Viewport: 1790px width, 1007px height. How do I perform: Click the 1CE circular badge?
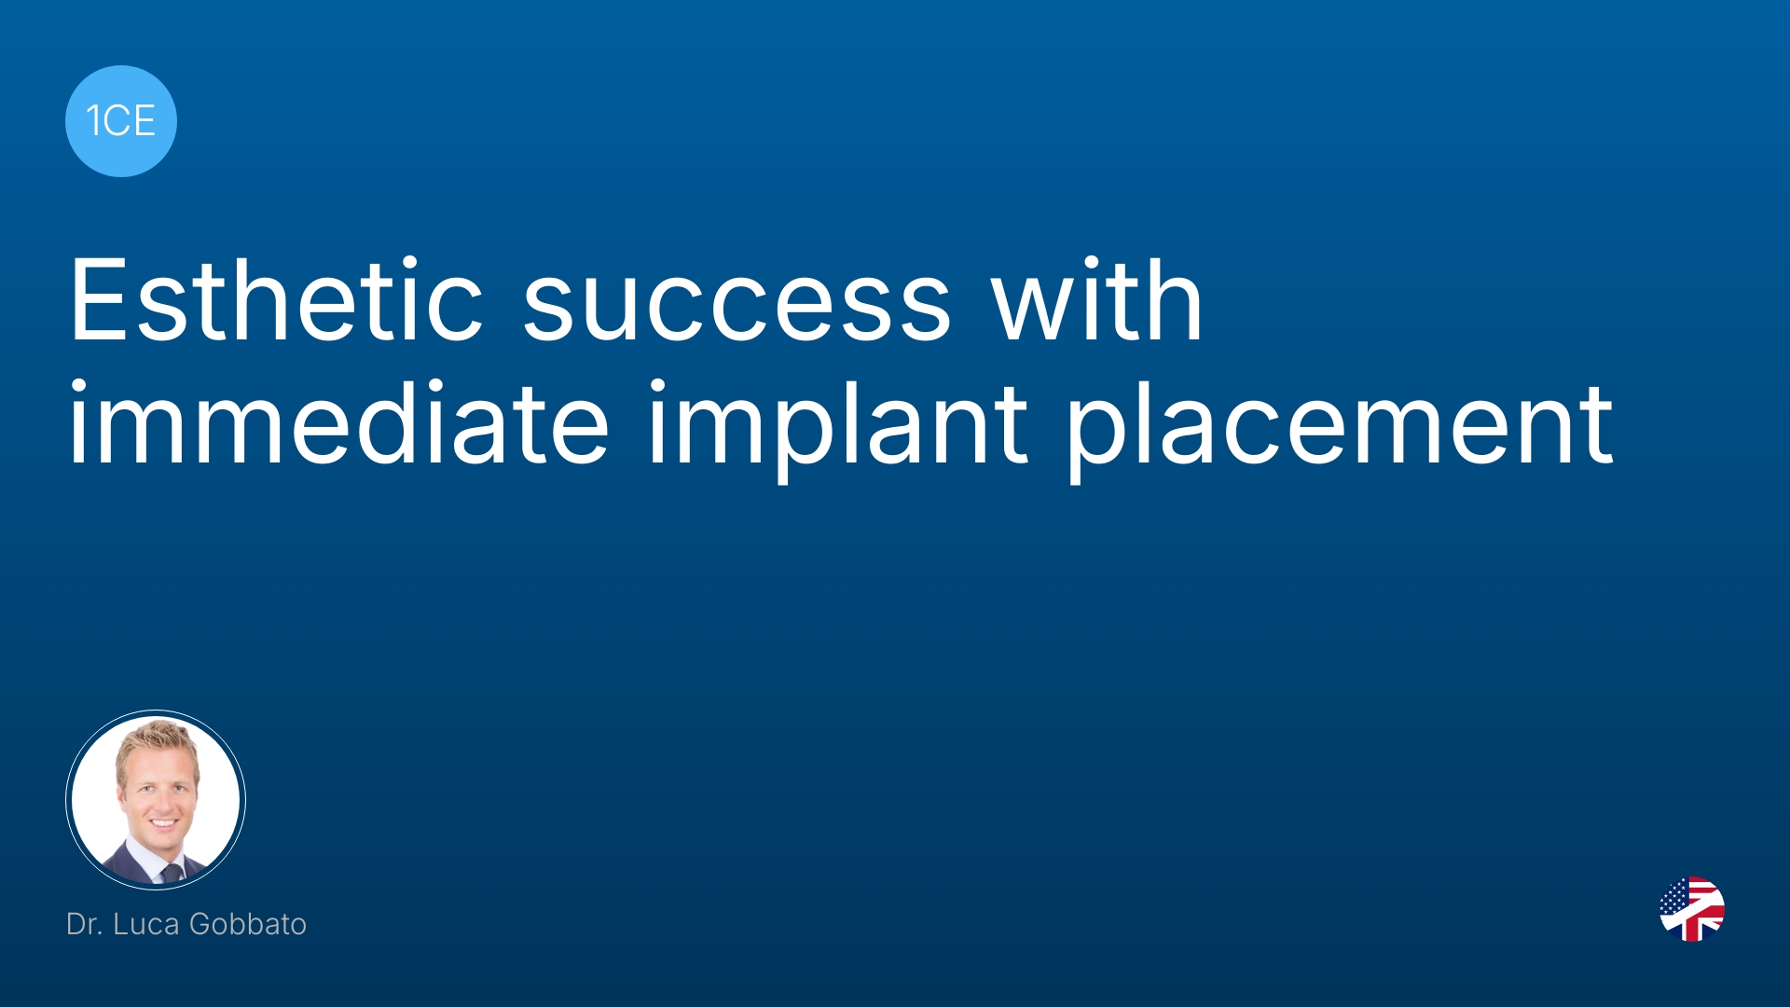pos(121,121)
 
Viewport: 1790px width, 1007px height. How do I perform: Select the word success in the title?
pos(737,309)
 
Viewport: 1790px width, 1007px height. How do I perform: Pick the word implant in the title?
pos(838,429)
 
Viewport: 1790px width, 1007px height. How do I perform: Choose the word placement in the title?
pos(1341,429)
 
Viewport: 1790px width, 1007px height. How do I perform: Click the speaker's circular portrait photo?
pos(156,799)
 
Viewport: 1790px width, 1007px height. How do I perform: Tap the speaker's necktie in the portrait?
pos(172,873)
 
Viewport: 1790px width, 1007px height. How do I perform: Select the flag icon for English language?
pos(1692,909)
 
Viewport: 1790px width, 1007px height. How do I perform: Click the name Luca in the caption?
pos(146,924)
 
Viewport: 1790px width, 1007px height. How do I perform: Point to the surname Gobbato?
pos(248,924)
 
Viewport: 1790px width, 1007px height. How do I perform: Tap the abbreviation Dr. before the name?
pos(84,924)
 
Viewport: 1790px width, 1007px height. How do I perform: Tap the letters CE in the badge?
pos(130,121)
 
